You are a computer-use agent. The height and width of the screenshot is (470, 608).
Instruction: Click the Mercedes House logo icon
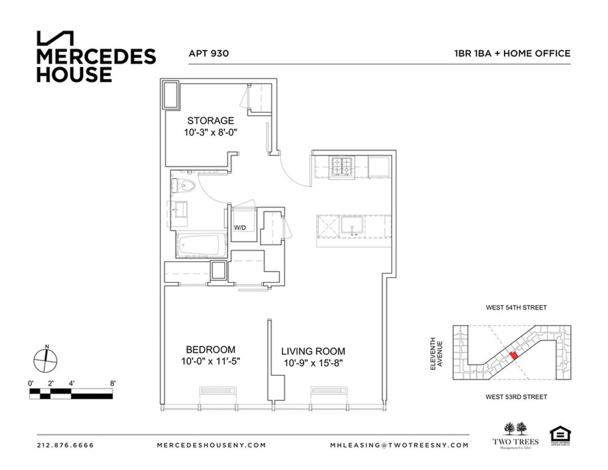pyautogui.click(x=55, y=39)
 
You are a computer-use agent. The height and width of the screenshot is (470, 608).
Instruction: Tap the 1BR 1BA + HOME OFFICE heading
pyautogui.click(x=513, y=53)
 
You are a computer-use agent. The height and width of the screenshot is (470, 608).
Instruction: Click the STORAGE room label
pyautogui.click(x=210, y=121)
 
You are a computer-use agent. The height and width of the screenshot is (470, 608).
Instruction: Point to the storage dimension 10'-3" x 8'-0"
pyautogui.click(x=210, y=132)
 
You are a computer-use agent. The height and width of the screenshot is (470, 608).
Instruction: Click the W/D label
pyautogui.click(x=240, y=228)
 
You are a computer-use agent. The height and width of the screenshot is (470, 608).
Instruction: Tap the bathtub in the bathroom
pyautogui.click(x=200, y=246)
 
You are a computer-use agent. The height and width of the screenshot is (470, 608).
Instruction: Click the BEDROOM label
pyautogui.click(x=210, y=350)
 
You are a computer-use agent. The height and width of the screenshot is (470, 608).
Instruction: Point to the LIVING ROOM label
pyautogui.click(x=313, y=351)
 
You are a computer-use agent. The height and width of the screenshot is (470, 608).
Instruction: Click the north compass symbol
pyautogui.click(x=46, y=360)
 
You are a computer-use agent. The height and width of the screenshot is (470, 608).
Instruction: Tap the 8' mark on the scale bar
pyautogui.click(x=112, y=383)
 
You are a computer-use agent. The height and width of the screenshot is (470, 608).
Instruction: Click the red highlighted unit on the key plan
pyautogui.click(x=514, y=355)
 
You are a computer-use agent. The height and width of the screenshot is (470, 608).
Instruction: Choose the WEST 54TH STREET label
pyautogui.click(x=516, y=308)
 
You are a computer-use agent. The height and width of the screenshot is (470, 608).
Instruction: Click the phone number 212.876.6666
pyautogui.click(x=65, y=446)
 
